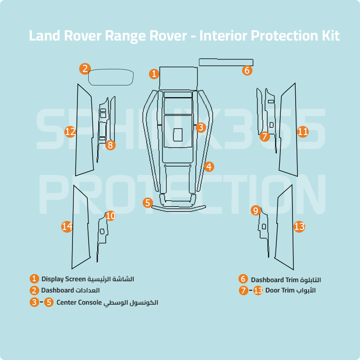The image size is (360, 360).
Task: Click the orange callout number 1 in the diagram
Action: (154, 73)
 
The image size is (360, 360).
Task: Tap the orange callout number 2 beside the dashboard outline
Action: (85, 68)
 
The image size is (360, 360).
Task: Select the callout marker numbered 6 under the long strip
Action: (247, 70)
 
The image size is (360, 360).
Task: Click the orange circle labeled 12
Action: (70, 132)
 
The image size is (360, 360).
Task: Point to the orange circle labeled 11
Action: (303, 132)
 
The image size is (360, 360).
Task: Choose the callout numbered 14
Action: (67, 227)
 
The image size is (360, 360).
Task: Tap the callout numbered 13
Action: (299, 227)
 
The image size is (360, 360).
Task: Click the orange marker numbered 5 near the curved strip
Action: (148, 202)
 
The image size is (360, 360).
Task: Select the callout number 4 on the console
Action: (208, 167)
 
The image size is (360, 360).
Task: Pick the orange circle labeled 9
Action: (256, 211)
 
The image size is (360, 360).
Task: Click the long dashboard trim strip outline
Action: (226, 62)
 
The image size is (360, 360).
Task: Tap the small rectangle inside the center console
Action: (178, 134)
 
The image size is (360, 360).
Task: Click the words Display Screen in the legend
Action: (63, 279)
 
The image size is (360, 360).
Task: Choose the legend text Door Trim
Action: (279, 291)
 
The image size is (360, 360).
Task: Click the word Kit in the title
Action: (330, 36)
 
